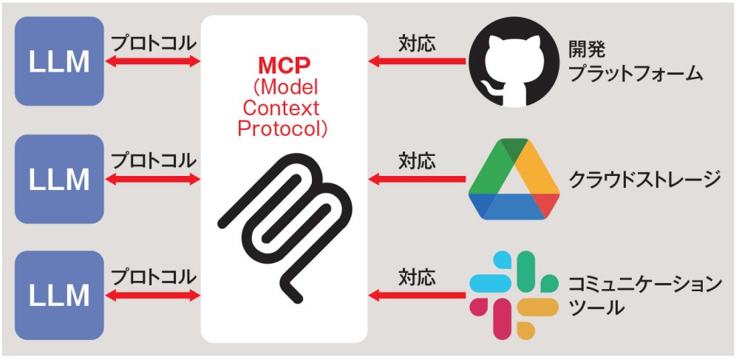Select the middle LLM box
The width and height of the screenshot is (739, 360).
59,178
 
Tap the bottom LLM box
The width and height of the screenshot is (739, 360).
59,295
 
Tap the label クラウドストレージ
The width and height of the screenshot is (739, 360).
644,179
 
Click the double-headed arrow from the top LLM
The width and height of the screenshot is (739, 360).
154,62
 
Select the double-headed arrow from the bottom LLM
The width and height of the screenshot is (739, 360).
154,296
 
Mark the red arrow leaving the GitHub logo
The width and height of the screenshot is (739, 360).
417,62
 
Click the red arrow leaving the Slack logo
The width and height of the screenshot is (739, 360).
417,296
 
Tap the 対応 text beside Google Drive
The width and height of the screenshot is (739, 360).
417,160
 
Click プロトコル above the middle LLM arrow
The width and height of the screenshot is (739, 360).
154,160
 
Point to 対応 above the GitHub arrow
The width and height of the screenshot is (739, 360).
417,43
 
